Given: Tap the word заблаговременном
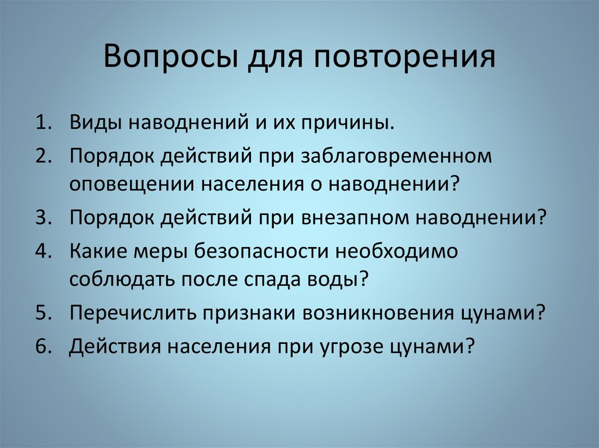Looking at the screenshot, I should (394, 157).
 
